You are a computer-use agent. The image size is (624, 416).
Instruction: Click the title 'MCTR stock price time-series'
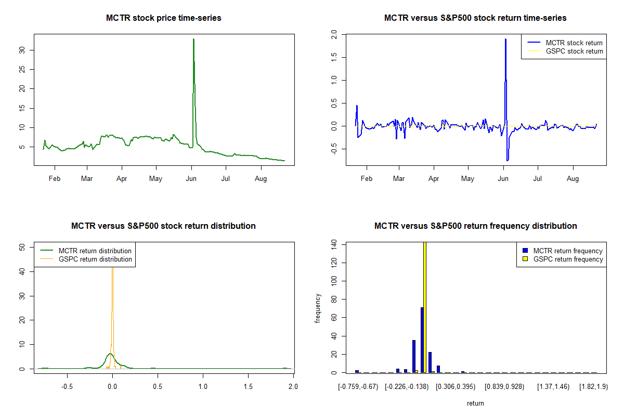164,18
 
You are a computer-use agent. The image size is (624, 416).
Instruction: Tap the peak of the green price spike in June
193,40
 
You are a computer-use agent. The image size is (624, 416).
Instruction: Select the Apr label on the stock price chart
122,178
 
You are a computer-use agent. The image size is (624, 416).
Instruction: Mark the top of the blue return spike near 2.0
505,39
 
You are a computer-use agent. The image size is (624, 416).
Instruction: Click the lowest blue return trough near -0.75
508,160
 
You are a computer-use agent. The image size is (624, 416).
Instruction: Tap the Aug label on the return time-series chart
573,178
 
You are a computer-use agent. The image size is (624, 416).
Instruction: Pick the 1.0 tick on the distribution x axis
203,387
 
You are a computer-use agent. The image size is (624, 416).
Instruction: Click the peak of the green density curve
110,354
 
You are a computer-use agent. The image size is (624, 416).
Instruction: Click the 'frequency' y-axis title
318,308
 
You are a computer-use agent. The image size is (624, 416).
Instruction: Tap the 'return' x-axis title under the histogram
475,403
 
